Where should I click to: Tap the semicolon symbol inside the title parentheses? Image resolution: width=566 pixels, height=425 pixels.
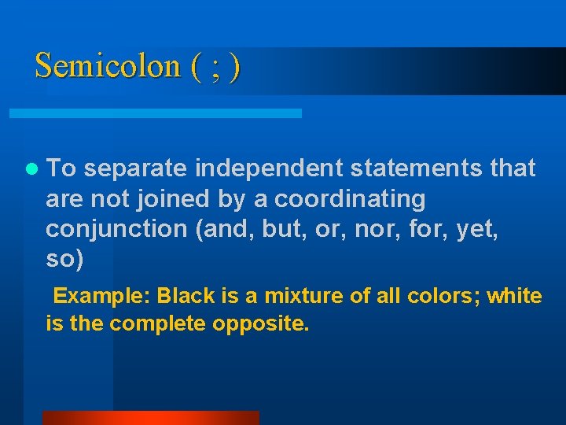pyautogui.click(x=215, y=66)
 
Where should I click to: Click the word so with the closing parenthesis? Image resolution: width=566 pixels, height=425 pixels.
pyautogui.click(x=64, y=259)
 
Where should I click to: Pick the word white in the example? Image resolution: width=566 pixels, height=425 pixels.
pyautogui.click(x=514, y=297)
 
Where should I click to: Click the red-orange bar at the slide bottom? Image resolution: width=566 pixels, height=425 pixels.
pyautogui.click(x=150, y=418)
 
